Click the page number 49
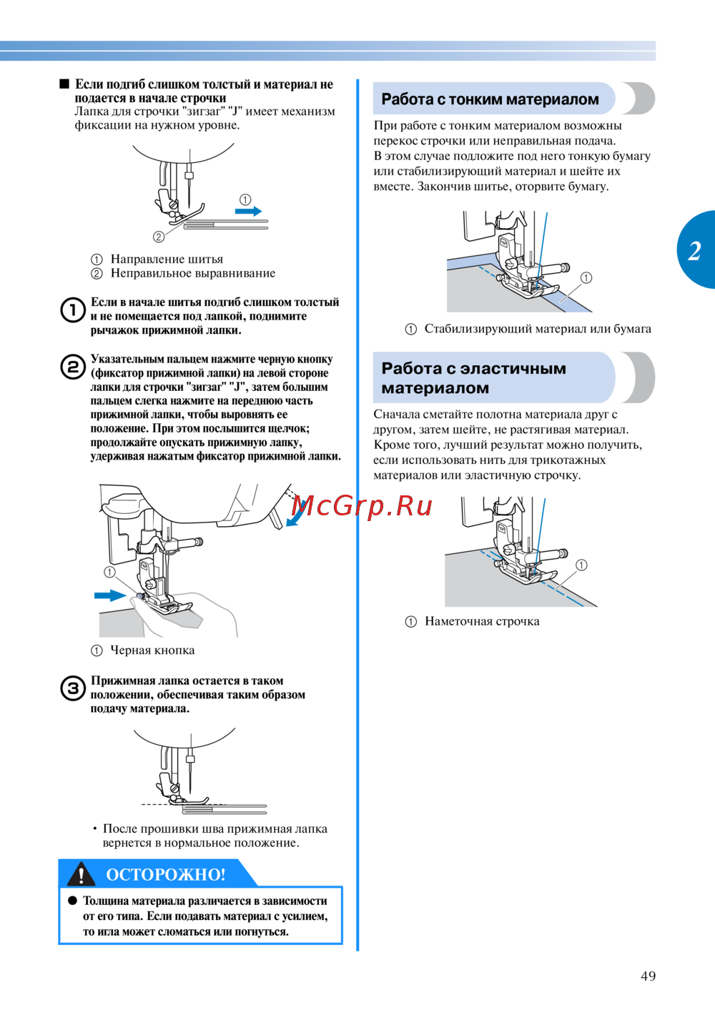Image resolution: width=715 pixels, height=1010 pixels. point(648,976)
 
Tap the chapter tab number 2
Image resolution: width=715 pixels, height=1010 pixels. point(694,251)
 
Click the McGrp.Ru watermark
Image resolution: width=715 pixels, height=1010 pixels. point(363,506)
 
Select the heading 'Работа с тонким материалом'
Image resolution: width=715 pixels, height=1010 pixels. point(490,99)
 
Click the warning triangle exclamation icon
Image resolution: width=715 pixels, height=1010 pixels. point(82,874)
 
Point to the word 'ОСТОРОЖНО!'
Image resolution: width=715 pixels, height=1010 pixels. point(165,874)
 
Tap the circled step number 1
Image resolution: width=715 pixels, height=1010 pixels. point(73,310)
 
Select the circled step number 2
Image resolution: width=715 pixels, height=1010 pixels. point(73,367)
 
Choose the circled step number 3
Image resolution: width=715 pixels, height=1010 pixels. point(73,688)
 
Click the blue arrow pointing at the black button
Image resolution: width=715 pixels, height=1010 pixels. point(110,595)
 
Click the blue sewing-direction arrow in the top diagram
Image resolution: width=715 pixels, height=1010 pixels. point(249,211)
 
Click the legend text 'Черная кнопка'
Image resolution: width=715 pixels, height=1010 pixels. point(152,650)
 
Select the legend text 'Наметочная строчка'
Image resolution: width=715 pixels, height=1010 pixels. point(482,621)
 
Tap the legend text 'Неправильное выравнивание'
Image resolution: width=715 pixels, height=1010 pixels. point(192,273)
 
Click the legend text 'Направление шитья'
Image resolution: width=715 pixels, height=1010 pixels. point(167,259)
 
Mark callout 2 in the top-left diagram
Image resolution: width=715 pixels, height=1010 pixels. point(159,237)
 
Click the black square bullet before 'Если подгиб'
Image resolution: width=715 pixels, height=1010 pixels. point(65,84)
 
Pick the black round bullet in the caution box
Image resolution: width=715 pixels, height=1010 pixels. point(72,901)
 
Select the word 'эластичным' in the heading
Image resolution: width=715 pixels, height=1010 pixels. point(513,369)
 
